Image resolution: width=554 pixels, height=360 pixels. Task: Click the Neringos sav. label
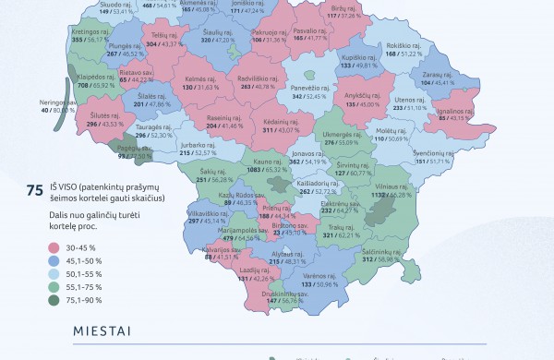(x=58, y=102)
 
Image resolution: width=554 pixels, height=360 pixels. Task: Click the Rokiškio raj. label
(x=403, y=45)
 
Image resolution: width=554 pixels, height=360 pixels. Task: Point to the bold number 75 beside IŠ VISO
(x=35, y=190)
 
